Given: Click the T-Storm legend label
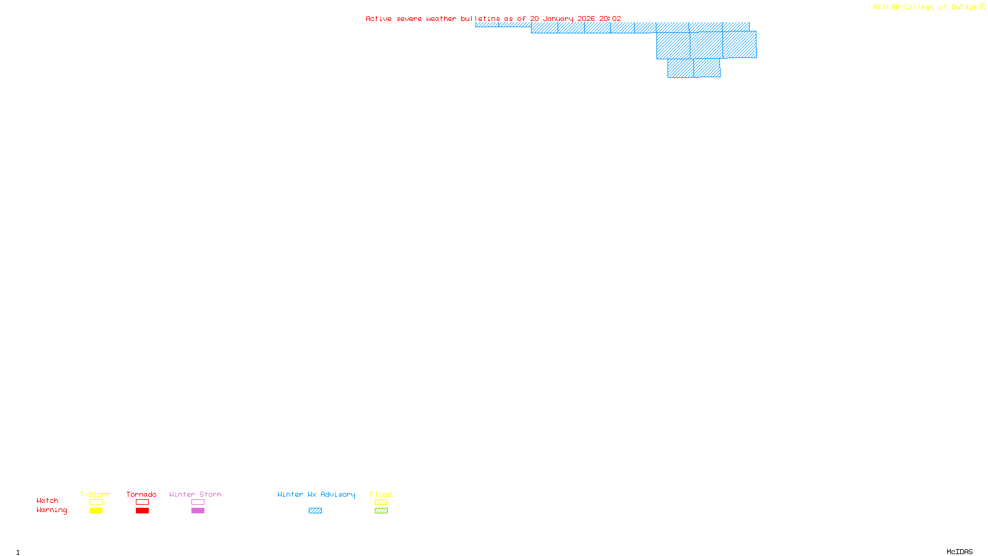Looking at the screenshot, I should tap(95, 494).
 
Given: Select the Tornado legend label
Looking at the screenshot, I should tap(141, 494).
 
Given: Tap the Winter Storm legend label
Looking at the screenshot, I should tap(195, 494).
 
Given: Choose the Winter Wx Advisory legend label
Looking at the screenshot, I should tap(316, 494).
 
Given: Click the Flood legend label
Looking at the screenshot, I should tap(381, 494).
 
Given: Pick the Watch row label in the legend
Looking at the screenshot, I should tap(48, 500).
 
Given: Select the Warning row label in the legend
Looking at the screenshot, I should tap(52, 510).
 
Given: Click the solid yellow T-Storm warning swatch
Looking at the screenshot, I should tap(96, 511).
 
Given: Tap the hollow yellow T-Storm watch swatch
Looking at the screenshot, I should tap(96, 502).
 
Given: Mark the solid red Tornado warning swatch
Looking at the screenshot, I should tap(143, 511).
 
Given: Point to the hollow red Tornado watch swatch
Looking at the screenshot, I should tap(143, 502).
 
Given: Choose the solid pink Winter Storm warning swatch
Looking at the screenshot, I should tap(198, 511).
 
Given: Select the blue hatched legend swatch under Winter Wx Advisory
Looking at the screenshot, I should tap(315, 511).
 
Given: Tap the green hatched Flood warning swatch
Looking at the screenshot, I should tap(381, 511).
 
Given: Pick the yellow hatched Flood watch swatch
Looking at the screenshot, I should tap(381, 502).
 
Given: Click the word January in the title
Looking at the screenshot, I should tap(558, 19).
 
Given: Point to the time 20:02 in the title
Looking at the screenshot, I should tap(610, 19).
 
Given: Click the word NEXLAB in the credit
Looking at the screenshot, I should tap(886, 7).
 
